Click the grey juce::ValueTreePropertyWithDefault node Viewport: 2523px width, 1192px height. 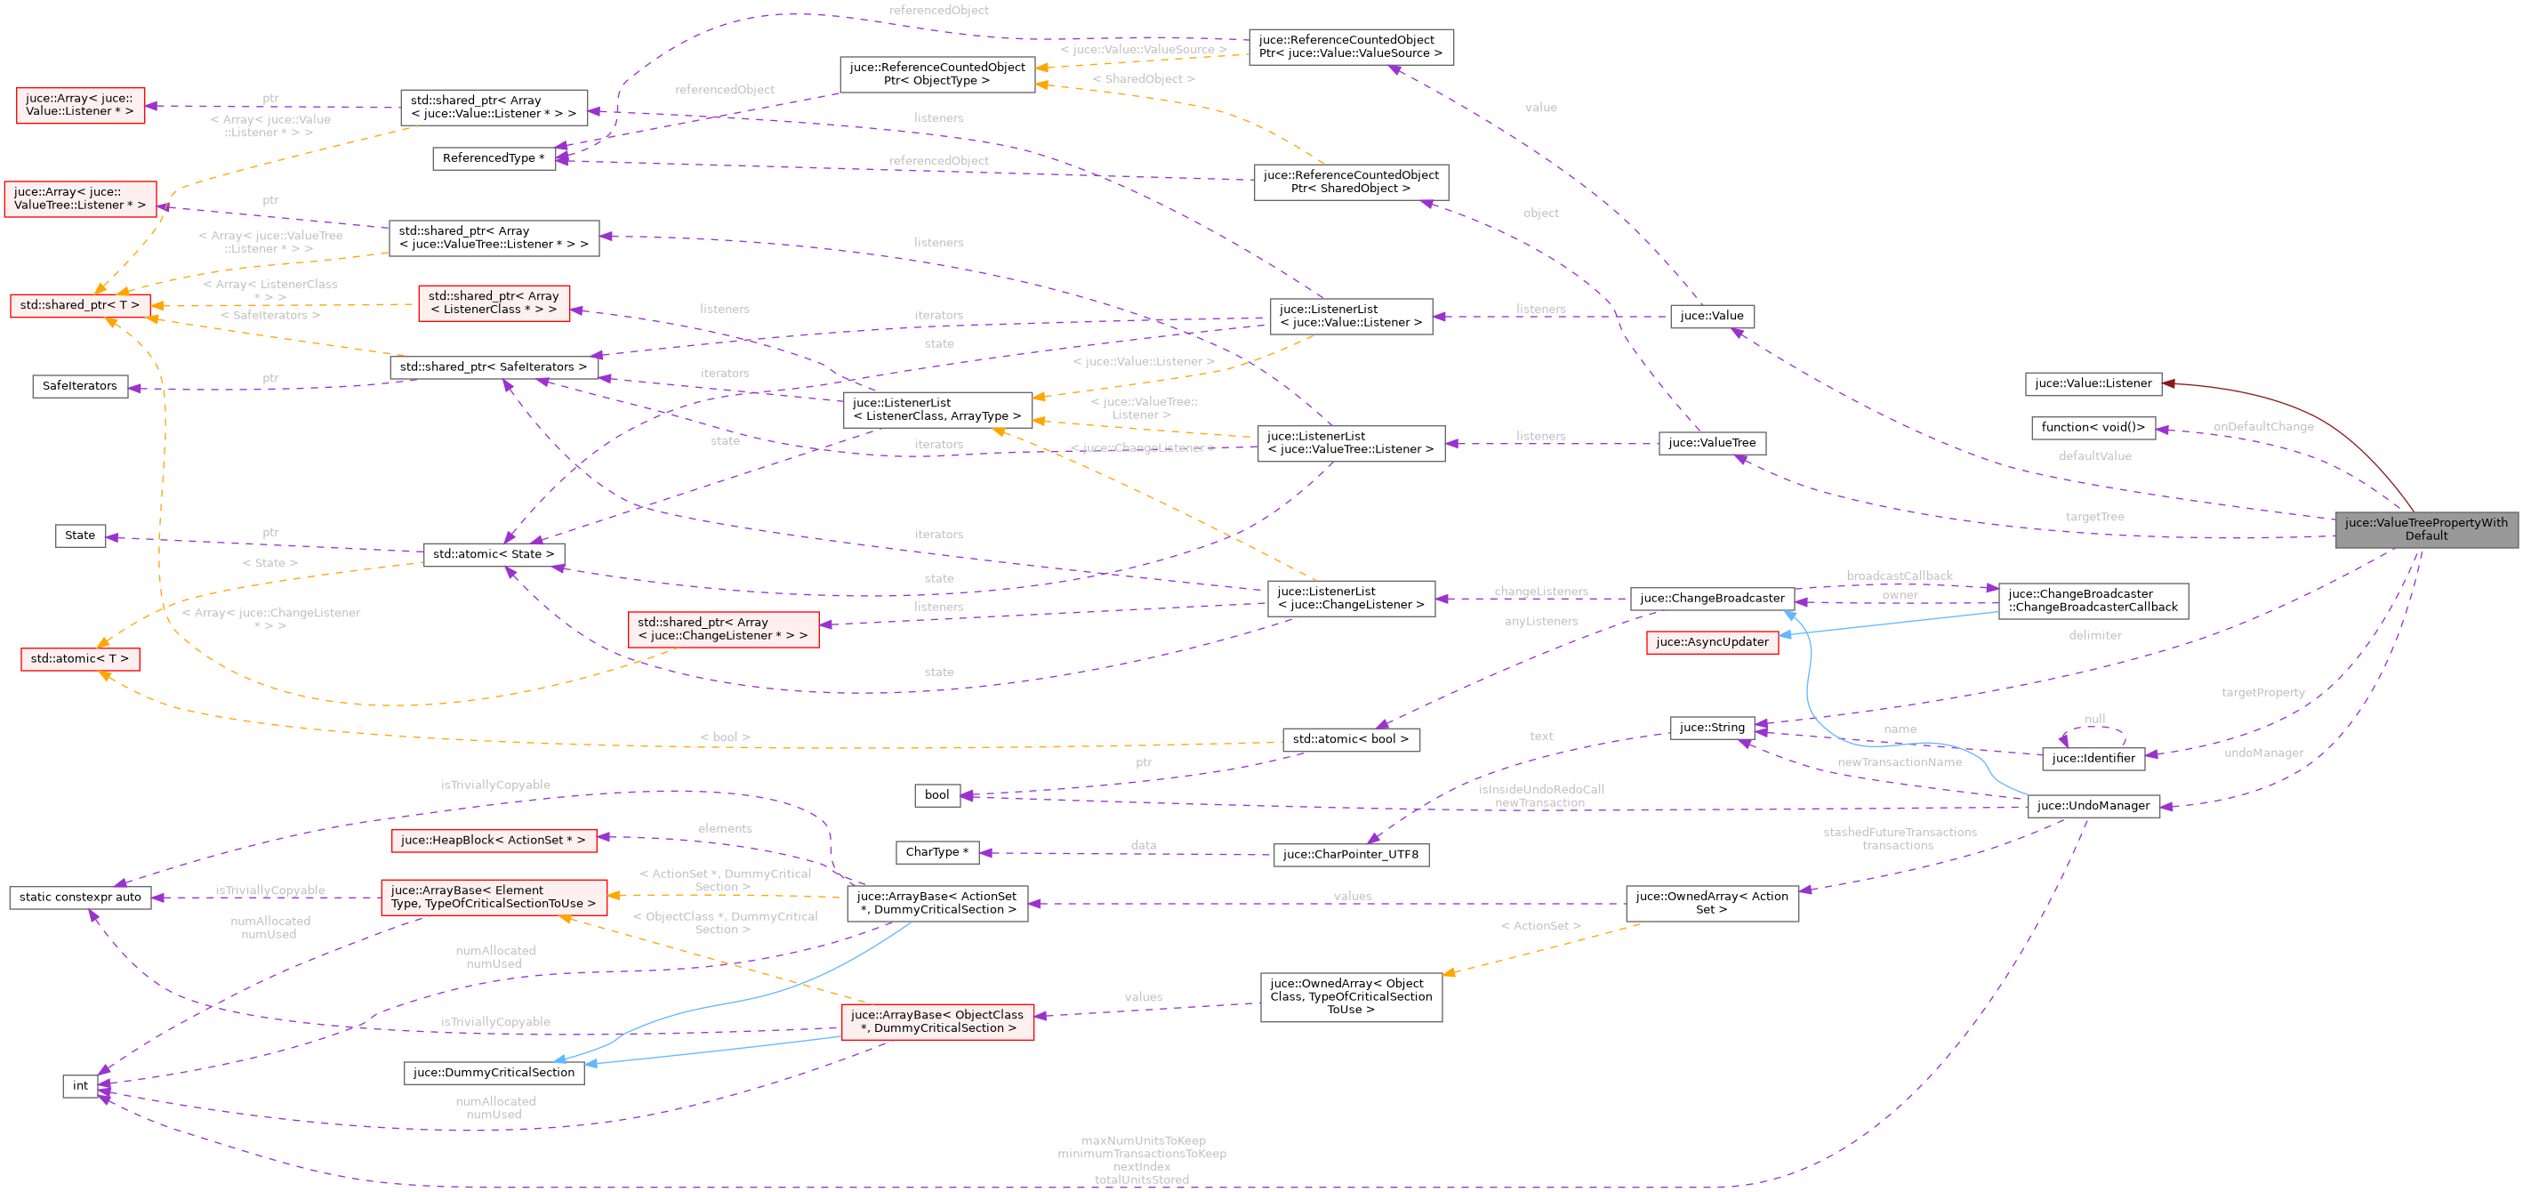tap(2425, 529)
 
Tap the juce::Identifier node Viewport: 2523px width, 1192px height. tap(2093, 758)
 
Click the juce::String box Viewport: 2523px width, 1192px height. tap(1711, 727)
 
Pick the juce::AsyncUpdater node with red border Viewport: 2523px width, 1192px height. tap(1711, 642)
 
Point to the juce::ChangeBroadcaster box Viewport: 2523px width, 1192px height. tap(1711, 599)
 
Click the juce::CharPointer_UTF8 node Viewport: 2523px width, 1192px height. tap(1350, 854)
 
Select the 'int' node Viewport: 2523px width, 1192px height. tap(80, 1085)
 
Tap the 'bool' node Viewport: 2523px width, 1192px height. tap(936, 794)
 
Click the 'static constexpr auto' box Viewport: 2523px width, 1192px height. tap(80, 898)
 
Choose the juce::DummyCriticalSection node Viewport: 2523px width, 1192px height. tap(494, 1073)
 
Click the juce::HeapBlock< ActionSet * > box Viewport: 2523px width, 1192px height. tap(493, 841)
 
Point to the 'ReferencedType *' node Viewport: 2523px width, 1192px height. tap(493, 158)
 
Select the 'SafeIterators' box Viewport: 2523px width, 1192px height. tap(79, 386)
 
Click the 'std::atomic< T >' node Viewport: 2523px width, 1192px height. tap(79, 659)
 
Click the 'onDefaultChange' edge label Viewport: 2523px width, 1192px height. tap(2262, 426)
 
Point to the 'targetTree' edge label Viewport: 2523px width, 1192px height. tap(2094, 517)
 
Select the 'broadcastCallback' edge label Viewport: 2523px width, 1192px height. tap(1898, 576)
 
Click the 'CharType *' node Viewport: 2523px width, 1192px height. tap(936, 852)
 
